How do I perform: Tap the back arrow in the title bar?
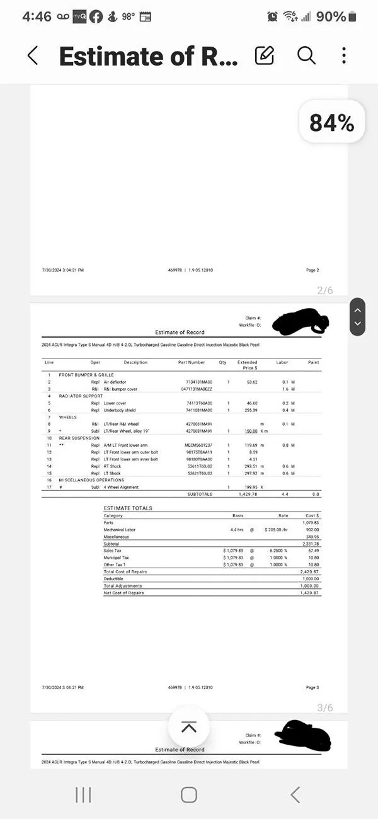pyautogui.click(x=33, y=55)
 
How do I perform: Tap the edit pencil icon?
pyautogui.click(x=265, y=55)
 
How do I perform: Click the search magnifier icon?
pyautogui.click(x=306, y=55)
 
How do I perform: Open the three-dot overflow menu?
pyautogui.click(x=344, y=55)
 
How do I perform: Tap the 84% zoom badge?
pyautogui.click(x=331, y=123)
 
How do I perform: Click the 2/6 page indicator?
pyautogui.click(x=324, y=290)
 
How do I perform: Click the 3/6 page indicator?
pyautogui.click(x=324, y=707)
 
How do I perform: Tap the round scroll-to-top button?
pyautogui.click(x=188, y=727)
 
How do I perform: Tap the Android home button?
pyautogui.click(x=188, y=794)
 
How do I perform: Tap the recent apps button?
pyautogui.click(x=83, y=794)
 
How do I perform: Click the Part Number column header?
pyautogui.click(x=192, y=362)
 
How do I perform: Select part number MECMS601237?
pyautogui.click(x=199, y=445)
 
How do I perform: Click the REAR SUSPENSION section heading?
pyautogui.click(x=79, y=438)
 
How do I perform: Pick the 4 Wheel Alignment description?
pyautogui.click(x=122, y=487)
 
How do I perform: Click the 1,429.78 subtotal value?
pyautogui.click(x=249, y=494)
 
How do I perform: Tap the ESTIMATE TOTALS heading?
pyautogui.click(x=128, y=508)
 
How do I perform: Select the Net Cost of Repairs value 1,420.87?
pyautogui.click(x=310, y=593)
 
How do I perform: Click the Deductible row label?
pyautogui.click(x=114, y=578)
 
